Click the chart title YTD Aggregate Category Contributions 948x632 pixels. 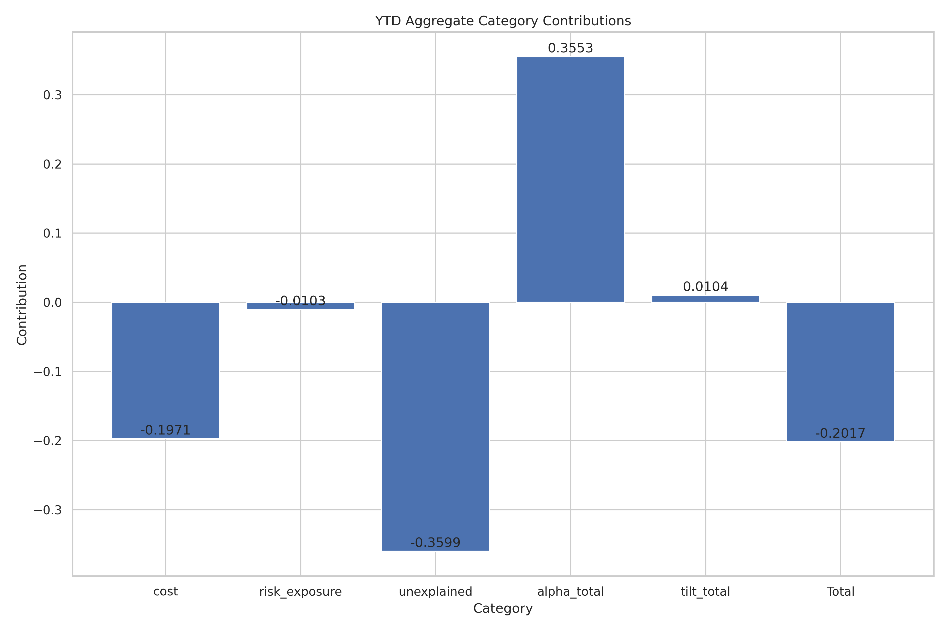[503, 21]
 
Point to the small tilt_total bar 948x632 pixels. [705, 299]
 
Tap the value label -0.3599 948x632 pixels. [435, 542]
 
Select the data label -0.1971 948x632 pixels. [165, 430]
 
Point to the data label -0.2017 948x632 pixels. [840, 433]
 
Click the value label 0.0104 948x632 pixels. [705, 287]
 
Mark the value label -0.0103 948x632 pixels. [300, 301]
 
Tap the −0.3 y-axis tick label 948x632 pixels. [48, 510]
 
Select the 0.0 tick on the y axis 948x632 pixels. [52, 302]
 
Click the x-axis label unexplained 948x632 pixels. [435, 592]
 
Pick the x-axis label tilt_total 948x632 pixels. [705, 592]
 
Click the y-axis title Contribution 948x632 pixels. [22, 305]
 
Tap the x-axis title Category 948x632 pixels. [503, 609]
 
